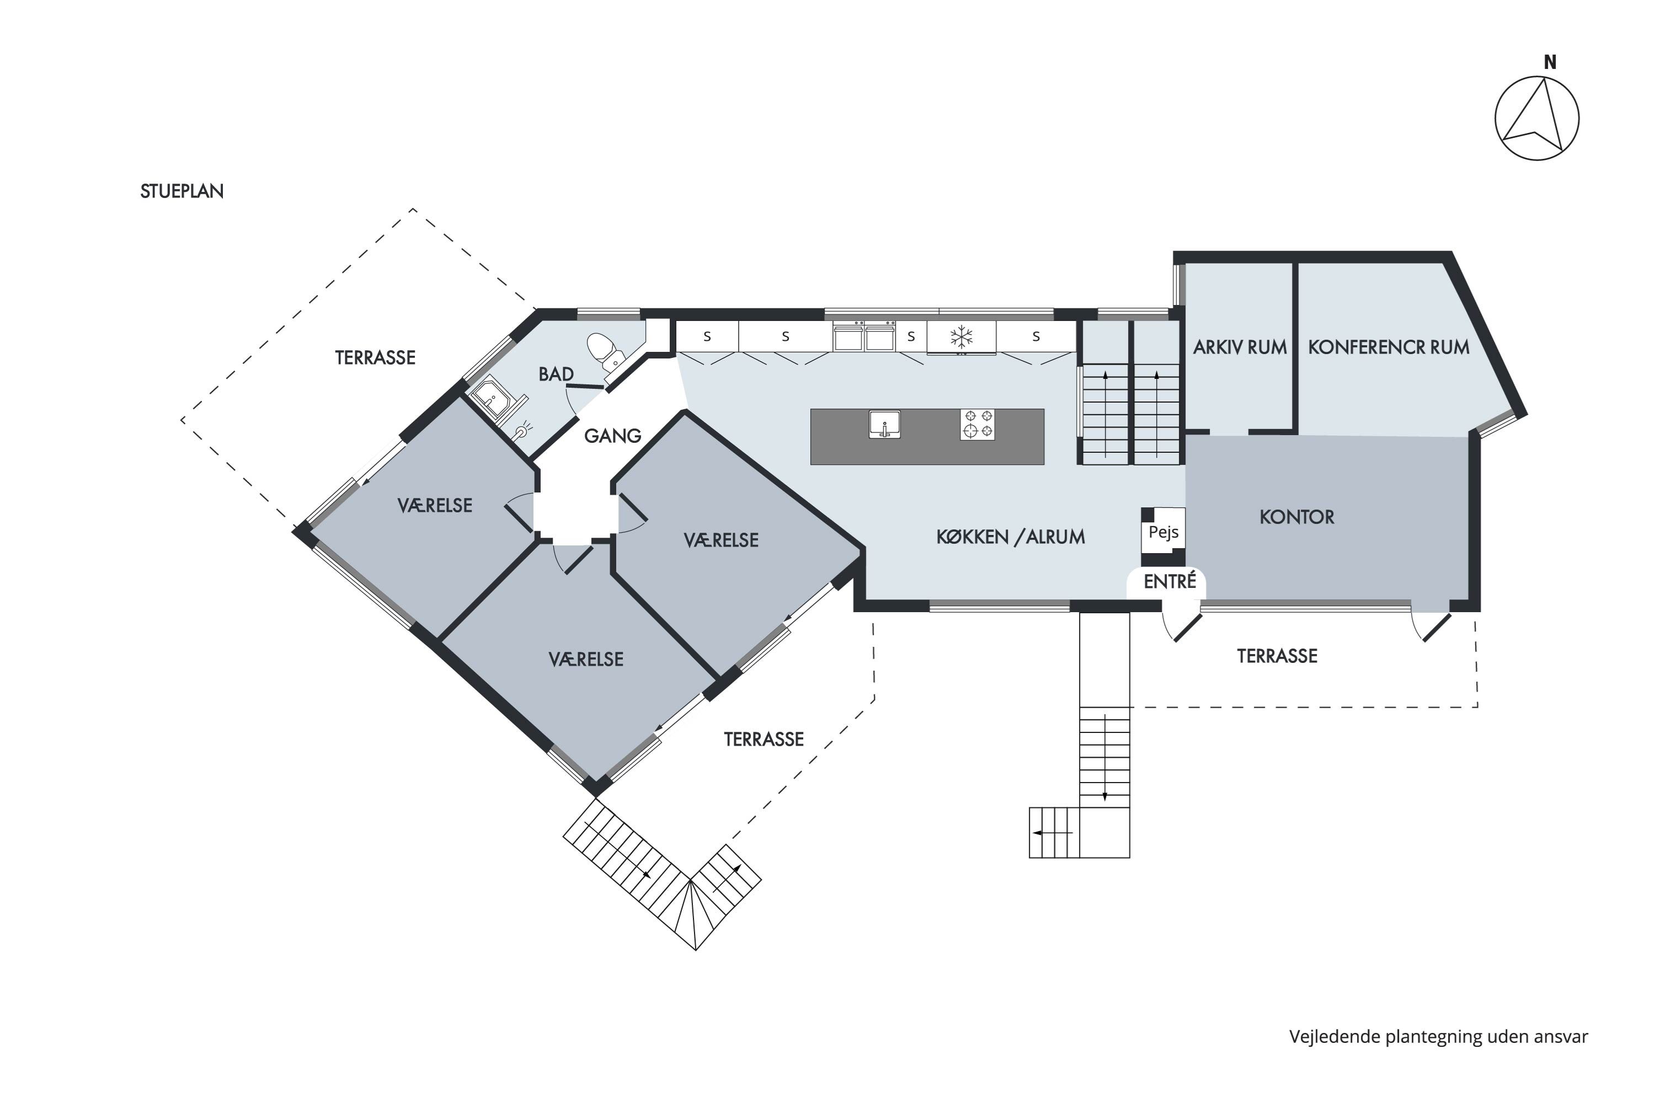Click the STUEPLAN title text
[x=181, y=191]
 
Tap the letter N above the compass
[x=1550, y=63]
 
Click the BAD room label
[x=556, y=374]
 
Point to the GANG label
[x=612, y=436]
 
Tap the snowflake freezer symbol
[x=961, y=337]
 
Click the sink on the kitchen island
[x=884, y=425]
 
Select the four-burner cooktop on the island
[x=978, y=425]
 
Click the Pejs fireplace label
[x=1163, y=532]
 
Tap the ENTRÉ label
[x=1170, y=581]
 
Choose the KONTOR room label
[x=1297, y=517]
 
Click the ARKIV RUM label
[x=1240, y=347]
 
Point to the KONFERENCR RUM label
[x=1389, y=347]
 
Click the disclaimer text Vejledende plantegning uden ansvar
[x=1438, y=1037]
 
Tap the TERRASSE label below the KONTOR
[x=1277, y=656]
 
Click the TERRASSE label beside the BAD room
[x=375, y=357]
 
